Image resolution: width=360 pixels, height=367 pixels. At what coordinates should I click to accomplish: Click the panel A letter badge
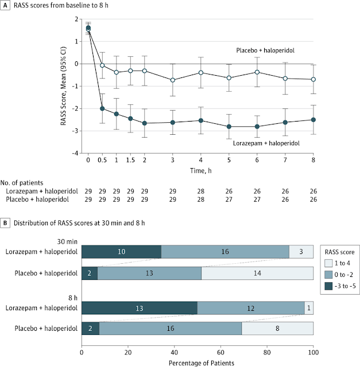tap(5, 5)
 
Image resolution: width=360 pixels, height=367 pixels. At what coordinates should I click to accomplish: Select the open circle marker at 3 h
tap(173, 80)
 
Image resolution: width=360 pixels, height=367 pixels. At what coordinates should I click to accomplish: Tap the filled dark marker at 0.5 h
tap(102, 108)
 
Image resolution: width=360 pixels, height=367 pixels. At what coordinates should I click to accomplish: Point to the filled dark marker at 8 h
tap(313, 120)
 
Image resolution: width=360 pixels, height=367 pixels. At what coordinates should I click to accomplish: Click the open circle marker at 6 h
tap(257, 72)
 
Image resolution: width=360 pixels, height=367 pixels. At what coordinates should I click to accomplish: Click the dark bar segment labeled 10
tap(121, 251)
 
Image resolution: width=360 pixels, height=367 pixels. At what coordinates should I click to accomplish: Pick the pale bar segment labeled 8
tap(277, 328)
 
